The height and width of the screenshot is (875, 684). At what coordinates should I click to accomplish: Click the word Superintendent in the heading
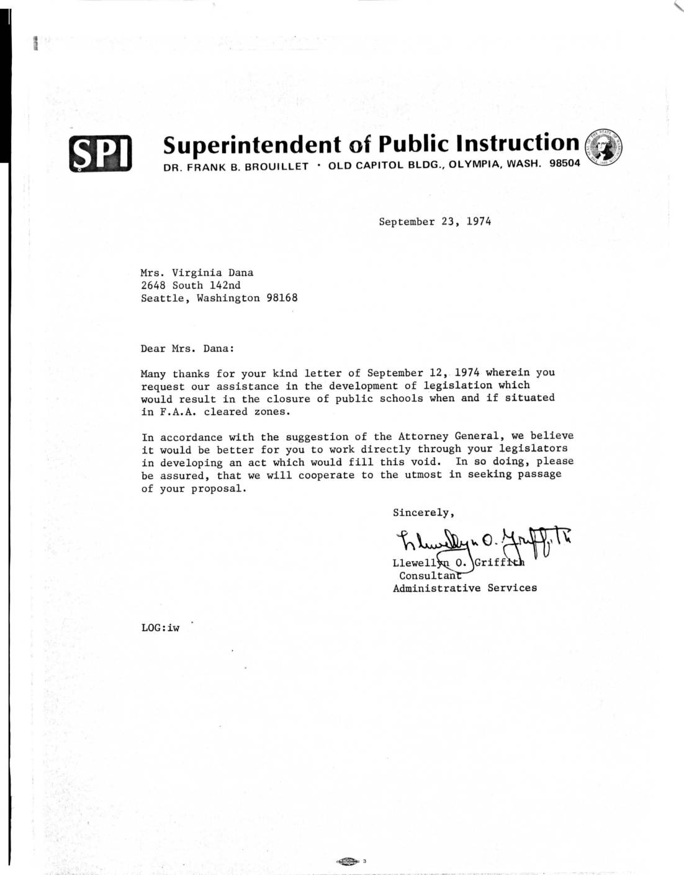[x=252, y=144]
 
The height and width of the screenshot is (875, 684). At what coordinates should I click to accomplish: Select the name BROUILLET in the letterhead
[x=276, y=167]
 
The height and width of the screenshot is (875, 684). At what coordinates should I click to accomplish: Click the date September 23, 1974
[x=434, y=221]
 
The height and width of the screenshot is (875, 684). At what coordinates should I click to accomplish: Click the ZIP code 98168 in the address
[x=282, y=298]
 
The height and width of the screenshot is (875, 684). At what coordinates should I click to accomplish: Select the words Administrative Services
[x=465, y=588]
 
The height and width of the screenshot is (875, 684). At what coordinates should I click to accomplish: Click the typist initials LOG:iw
[x=160, y=628]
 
